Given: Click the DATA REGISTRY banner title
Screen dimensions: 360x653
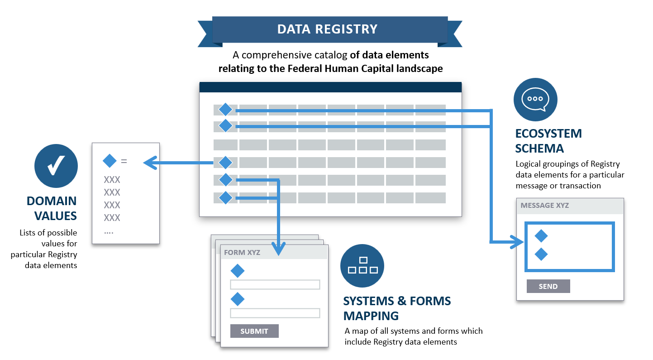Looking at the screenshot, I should point(327,29).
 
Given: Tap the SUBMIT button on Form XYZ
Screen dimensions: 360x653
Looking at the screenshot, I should point(254,331).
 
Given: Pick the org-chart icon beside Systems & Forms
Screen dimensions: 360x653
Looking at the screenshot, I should point(362,266).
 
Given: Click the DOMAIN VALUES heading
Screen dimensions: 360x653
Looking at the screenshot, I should point(52,208).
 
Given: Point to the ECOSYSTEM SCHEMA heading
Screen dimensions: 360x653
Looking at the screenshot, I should point(548,141).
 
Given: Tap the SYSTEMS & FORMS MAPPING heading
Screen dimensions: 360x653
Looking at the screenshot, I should point(397,308).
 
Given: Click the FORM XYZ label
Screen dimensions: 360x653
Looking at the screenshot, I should point(242,252).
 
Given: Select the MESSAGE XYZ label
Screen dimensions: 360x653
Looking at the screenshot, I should point(545,205).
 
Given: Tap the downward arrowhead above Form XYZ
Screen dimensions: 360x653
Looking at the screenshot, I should point(278,249).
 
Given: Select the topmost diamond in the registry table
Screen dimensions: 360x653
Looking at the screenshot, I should point(225,110).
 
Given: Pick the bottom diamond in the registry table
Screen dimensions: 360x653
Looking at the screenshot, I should point(225,198).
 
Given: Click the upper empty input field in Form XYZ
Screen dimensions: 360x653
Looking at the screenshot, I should point(275,284).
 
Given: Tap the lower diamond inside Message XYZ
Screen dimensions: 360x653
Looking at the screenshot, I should point(541,254).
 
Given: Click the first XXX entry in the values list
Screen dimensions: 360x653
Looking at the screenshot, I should point(112,180).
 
